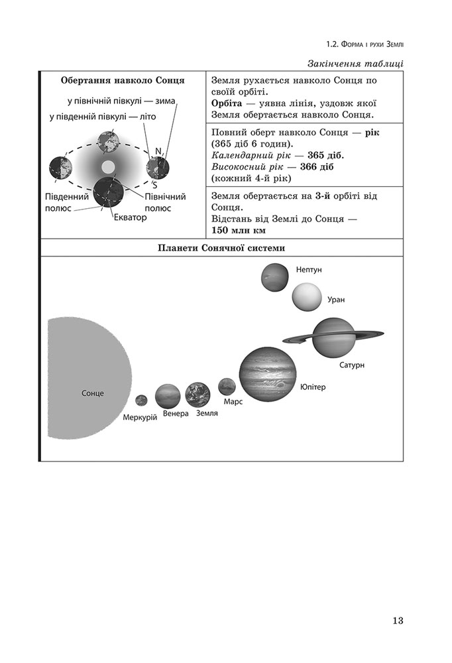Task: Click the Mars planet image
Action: point(227,387)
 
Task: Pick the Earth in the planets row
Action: point(198,394)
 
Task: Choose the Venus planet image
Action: point(168,396)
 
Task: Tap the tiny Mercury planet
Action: point(141,400)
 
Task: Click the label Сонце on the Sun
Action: point(92,393)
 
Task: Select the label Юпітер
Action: point(313,387)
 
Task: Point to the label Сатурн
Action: point(351,365)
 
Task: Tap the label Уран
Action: point(336,300)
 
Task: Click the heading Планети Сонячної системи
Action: point(221,248)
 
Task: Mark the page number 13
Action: point(398,621)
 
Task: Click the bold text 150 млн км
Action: point(238,230)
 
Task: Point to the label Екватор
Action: point(130,217)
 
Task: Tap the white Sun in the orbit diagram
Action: point(108,166)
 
